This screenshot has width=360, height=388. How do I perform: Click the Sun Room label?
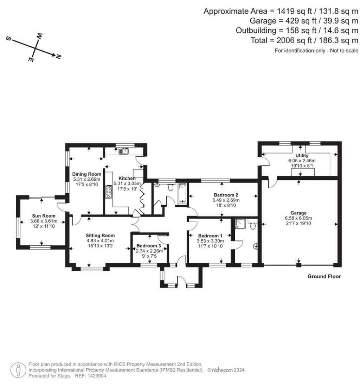click(42, 216)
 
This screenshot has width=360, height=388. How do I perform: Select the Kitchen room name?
click(127, 178)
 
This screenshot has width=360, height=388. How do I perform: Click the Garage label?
click(298, 213)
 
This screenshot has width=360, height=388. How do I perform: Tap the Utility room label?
click(302, 156)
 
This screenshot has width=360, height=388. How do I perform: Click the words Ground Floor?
click(324, 277)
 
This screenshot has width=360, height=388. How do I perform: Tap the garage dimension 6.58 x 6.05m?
click(298, 218)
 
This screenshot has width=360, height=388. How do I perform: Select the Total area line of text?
click(304, 40)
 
